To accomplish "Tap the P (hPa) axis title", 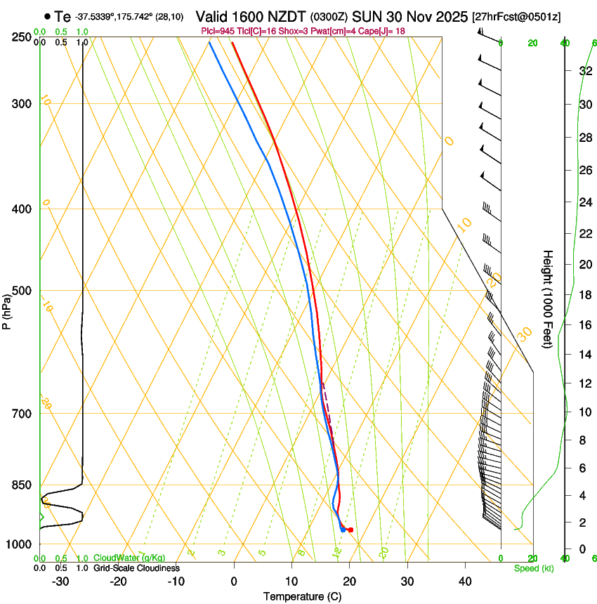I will [x=6, y=310].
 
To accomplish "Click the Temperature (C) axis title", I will [x=302, y=596].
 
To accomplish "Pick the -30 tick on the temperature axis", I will [x=60, y=581].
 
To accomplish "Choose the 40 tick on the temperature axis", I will [x=465, y=581].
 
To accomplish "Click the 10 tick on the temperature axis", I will [x=291, y=581].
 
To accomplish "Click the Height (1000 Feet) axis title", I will [x=548, y=299].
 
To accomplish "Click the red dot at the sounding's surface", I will [x=350, y=530].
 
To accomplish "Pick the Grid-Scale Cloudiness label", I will [x=136, y=568].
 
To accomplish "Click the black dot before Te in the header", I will [x=47, y=16].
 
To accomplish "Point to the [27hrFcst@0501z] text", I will [x=516, y=16].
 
